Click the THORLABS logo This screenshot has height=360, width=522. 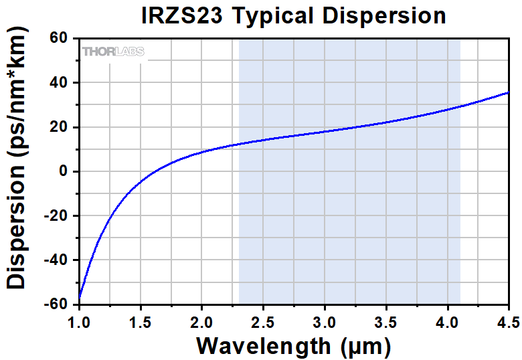coord(112,52)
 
